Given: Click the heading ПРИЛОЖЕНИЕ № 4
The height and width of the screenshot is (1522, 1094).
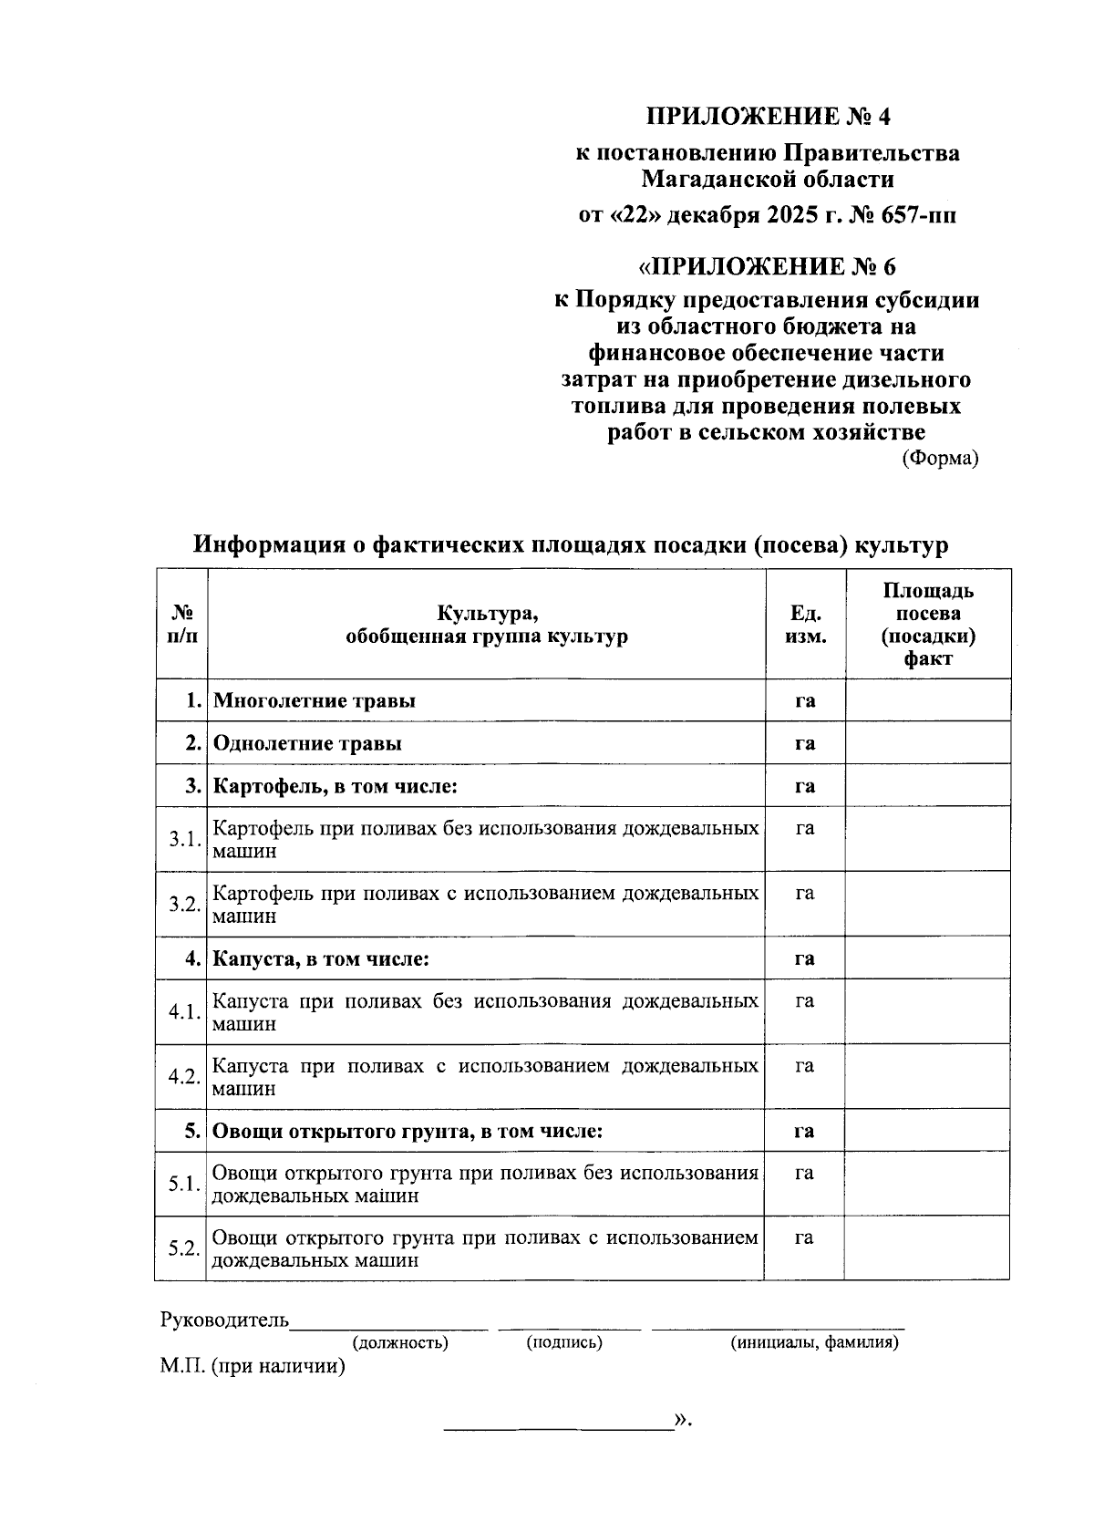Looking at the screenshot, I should pos(767,116).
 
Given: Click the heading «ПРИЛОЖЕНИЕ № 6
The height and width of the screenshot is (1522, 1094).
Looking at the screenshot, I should pos(767,266).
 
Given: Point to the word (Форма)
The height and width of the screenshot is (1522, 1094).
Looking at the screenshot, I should pos(940,458).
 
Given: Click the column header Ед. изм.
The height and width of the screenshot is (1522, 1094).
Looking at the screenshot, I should pos(805,624).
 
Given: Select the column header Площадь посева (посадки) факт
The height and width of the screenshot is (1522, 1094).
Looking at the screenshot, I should pos(928,624).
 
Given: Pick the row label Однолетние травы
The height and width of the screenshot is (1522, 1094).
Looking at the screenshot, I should pos(307,743).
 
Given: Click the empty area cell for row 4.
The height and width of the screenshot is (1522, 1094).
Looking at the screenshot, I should pos(928,958).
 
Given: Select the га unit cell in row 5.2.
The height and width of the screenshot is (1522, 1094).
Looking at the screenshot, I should pos(804,1237).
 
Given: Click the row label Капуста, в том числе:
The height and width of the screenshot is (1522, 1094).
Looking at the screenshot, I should pos(321,958).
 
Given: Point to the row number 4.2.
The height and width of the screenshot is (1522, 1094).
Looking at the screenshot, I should pos(183,1076).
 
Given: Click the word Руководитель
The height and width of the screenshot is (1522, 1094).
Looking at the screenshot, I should pos(224,1320).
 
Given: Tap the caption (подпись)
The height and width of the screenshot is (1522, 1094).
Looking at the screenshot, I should pos(564,1342).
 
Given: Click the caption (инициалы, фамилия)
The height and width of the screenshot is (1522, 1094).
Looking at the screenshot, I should pos(814,1342).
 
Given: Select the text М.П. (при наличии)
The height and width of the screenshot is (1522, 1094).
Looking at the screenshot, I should pos(253,1366).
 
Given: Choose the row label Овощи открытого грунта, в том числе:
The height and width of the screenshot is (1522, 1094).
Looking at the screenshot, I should pos(408,1131).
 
